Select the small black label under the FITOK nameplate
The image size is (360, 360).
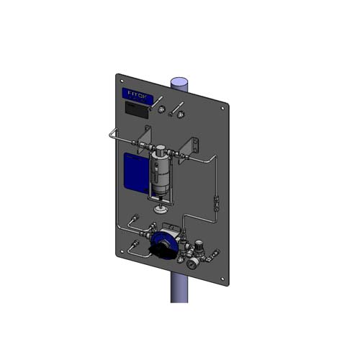[136, 109]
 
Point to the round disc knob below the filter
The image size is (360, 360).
[162, 209]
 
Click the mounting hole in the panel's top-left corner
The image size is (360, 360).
[122, 80]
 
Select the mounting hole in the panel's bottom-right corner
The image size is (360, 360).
[223, 280]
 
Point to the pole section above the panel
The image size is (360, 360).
[178, 81]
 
